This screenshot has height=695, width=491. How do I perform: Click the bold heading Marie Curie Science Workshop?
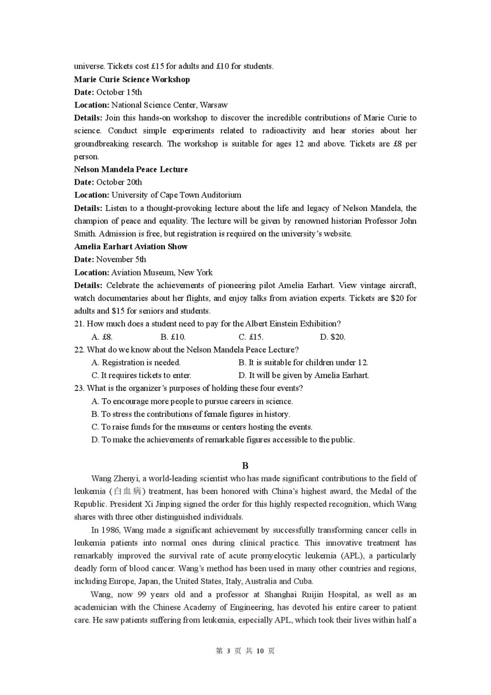click(132, 79)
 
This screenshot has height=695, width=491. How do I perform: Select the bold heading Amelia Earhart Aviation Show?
click(131, 247)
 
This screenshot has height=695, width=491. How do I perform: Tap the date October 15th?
click(119, 92)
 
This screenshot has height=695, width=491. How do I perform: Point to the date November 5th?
click(121, 260)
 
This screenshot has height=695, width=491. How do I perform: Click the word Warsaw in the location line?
click(213, 105)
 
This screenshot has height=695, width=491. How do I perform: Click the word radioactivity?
click(284, 131)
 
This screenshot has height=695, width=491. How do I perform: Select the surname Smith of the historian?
click(84, 234)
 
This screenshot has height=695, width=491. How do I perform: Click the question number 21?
click(79, 324)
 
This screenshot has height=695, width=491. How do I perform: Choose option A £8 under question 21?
click(102, 337)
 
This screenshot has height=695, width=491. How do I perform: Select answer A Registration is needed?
click(136, 362)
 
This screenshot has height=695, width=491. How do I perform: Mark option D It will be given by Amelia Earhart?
click(303, 375)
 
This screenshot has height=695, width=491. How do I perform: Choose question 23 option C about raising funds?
click(202, 427)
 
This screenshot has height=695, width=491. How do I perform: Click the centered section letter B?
click(245, 465)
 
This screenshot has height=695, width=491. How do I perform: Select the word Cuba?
click(303, 581)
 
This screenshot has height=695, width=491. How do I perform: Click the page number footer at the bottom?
click(245, 651)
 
